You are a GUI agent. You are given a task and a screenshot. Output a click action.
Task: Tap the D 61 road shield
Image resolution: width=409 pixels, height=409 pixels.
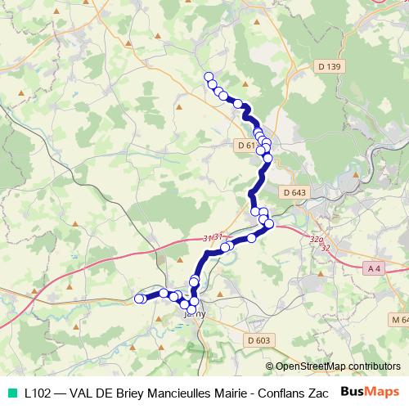pos(245,145)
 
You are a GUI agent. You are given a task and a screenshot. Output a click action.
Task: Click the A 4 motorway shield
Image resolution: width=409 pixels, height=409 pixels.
pos(375,268)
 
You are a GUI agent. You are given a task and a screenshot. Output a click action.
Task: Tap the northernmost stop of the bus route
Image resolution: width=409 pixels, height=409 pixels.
pos(209,76)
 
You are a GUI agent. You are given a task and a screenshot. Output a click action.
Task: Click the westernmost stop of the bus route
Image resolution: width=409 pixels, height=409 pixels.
pos(138,299)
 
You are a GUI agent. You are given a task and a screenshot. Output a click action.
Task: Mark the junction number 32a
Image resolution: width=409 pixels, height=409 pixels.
pos(316,240)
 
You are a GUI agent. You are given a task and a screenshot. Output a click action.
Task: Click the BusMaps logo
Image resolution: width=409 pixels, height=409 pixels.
pos(371,391)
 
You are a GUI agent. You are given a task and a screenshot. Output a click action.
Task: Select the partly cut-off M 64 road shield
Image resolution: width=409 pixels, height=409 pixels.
pos(399,319)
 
